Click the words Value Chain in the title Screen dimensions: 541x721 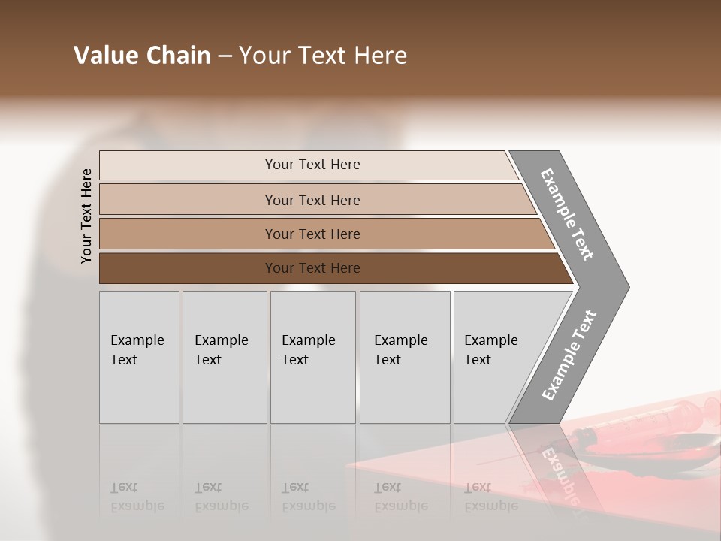[x=142, y=56]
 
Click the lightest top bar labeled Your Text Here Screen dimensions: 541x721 [x=312, y=165]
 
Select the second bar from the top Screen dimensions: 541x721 [x=312, y=200]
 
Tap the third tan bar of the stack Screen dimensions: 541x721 [x=312, y=234]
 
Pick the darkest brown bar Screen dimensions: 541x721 [x=312, y=268]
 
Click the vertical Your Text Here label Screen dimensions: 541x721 [x=86, y=216]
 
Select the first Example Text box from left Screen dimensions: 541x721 [x=139, y=358]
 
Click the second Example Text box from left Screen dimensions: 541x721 [x=225, y=358]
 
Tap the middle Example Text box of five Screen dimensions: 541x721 [x=312, y=358]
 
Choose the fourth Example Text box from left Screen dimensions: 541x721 [x=405, y=358]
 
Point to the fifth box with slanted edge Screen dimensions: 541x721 [x=496, y=358]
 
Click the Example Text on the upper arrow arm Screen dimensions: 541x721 [x=567, y=214]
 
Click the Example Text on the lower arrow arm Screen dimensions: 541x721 [x=569, y=355]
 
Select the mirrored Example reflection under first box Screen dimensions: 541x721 [x=137, y=505]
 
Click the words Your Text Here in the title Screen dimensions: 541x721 [x=322, y=56]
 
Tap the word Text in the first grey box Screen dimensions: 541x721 [x=124, y=360]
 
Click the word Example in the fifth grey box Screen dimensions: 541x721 [x=490, y=340]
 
